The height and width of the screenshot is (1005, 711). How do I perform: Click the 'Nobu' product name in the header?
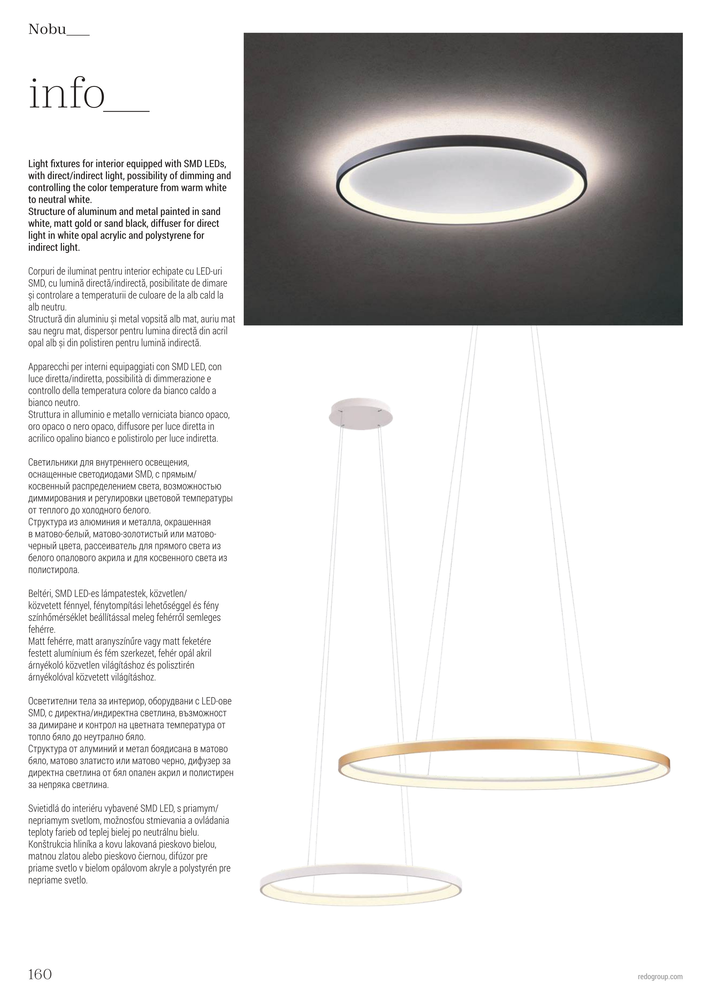tap(47, 30)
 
